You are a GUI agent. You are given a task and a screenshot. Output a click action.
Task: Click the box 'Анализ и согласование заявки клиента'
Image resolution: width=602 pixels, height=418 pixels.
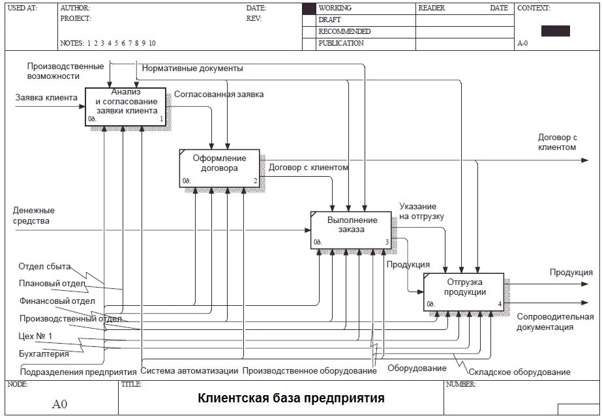point(126,106)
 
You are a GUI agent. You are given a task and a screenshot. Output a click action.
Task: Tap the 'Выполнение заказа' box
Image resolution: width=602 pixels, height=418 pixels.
point(351,230)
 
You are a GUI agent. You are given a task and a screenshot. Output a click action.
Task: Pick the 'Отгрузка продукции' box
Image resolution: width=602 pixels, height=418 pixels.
point(464,291)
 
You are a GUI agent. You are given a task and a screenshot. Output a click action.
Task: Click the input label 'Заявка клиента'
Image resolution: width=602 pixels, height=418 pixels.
point(46,98)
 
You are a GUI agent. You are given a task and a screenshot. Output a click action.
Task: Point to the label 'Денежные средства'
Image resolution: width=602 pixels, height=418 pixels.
point(34,216)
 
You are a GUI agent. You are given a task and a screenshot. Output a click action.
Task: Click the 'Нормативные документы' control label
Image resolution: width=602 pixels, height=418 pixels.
point(192,68)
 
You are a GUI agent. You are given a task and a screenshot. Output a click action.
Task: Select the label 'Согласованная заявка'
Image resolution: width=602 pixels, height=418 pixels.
point(218,94)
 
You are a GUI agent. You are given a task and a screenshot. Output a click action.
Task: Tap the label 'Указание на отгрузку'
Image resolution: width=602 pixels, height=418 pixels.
point(422,211)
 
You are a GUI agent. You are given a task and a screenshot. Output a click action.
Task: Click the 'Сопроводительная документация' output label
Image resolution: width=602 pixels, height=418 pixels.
point(555,322)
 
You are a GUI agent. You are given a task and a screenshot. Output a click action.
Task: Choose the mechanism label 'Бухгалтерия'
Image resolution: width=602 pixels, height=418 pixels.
point(44,354)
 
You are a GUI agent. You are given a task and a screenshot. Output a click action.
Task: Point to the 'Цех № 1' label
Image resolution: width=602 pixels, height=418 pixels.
point(36,336)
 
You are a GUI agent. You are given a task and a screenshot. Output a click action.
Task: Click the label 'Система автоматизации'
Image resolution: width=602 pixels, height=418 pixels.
point(189,371)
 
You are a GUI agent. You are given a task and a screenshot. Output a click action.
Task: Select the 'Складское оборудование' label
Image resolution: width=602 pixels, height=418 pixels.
point(528,372)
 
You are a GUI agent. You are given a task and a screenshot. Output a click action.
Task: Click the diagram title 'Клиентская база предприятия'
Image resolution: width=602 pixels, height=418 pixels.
point(291,397)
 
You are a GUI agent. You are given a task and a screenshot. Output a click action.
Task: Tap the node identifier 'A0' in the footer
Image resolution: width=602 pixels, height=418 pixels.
point(59,404)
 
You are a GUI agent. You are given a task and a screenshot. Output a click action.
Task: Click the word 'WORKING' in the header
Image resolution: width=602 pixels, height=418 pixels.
point(335,8)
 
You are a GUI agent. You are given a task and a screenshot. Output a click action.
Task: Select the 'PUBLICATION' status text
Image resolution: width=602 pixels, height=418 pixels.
point(340,43)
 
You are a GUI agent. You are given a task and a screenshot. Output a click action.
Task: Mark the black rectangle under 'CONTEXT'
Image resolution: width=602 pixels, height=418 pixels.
point(555,31)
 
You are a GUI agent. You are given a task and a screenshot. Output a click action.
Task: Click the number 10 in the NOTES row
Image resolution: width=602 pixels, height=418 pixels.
point(152,43)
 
